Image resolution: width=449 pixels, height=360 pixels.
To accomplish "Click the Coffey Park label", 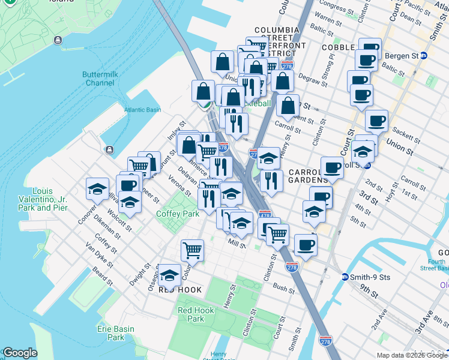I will click(177, 214).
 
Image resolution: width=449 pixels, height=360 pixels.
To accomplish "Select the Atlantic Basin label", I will click(143, 110).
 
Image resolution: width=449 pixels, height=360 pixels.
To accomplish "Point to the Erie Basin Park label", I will click(112, 333).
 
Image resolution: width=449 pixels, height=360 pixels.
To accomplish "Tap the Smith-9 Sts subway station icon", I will click(345, 277).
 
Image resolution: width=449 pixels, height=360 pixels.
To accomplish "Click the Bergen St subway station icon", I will click(424, 56).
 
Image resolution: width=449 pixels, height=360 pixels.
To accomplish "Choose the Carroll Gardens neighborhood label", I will click(308, 175).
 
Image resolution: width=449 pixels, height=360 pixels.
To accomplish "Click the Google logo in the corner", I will click(20, 353).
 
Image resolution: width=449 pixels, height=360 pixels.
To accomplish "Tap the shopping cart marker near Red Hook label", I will click(192, 250).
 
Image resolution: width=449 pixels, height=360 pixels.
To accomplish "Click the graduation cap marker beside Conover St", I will click(97, 188).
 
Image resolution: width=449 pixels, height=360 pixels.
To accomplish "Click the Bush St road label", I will click(281, 287).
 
